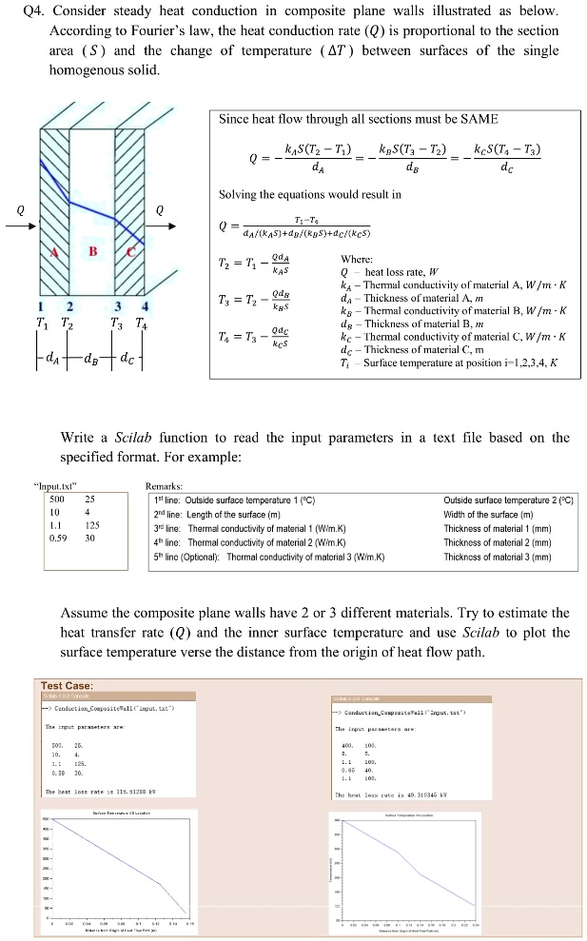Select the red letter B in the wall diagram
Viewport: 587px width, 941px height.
point(92,251)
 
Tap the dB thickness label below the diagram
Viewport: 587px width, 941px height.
point(94,335)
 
